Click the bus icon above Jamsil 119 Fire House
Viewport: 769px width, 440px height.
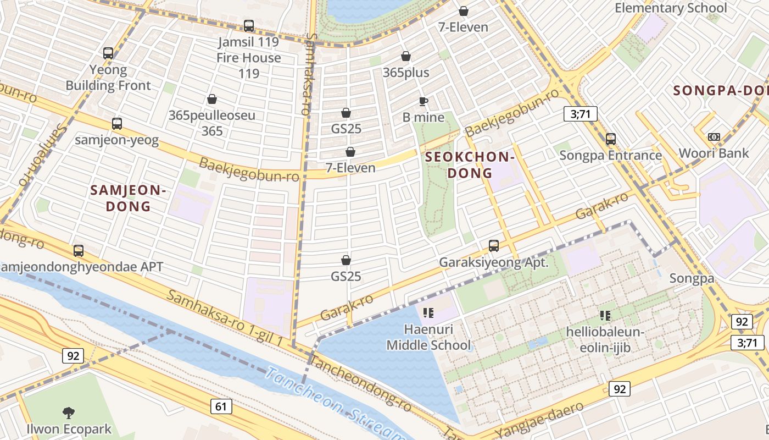pyautogui.click(x=249, y=26)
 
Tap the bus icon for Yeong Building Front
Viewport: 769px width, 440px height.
pyautogui.click(x=108, y=53)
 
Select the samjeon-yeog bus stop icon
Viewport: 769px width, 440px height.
pyautogui.click(x=117, y=124)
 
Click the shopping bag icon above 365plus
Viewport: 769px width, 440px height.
pyautogui.click(x=406, y=56)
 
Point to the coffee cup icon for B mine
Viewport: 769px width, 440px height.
pyautogui.click(x=423, y=101)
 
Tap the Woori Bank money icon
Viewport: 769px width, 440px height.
pyautogui.click(x=714, y=136)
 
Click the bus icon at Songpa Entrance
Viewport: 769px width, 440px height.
pyautogui.click(x=611, y=139)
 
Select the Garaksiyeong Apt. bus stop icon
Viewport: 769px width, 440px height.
pyautogui.click(x=494, y=246)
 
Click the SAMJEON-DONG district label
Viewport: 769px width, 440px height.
pyautogui.click(x=128, y=198)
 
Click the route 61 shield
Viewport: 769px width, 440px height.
pyautogui.click(x=221, y=406)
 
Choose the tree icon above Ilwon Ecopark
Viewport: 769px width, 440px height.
pyautogui.click(x=69, y=413)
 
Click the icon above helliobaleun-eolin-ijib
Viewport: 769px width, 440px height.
pyautogui.click(x=605, y=316)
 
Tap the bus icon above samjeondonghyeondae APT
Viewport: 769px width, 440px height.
pyautogui.click(x=79, y=251)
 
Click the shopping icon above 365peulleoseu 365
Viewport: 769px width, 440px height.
pyautogui.click(x=212, y=99)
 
